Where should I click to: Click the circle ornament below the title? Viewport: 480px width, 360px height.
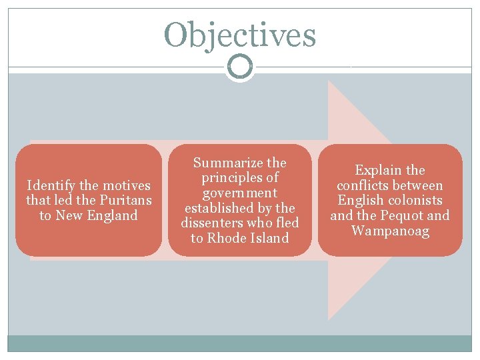240,67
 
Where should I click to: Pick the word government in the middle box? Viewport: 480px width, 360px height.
240,193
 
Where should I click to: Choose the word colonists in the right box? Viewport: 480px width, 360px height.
413,200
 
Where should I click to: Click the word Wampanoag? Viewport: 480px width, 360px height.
390,231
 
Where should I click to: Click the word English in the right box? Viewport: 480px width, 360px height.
361,200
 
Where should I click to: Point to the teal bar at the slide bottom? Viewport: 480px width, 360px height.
240,343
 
